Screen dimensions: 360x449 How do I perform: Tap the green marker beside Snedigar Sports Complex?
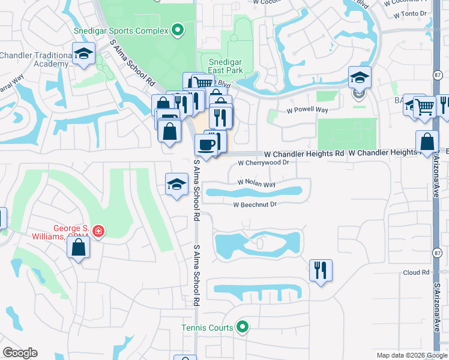click(x=177, y=29)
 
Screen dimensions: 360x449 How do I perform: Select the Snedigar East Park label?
click(x=226, y=66)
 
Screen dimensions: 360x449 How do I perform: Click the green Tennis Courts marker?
click(x=243, y=327)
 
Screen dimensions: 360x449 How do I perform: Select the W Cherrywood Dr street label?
click(x=264, y=163)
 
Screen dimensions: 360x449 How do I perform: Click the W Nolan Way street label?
click(x=256, y=182)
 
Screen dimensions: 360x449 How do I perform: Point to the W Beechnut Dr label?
click(x=255, y=205)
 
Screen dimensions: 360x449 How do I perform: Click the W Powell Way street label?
click(x=307, y=110)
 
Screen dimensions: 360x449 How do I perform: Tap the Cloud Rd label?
click(x=417, y=272)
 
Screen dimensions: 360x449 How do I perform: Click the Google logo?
click(x=20, y=353)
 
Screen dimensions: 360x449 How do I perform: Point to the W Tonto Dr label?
click(x=409, y=13)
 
